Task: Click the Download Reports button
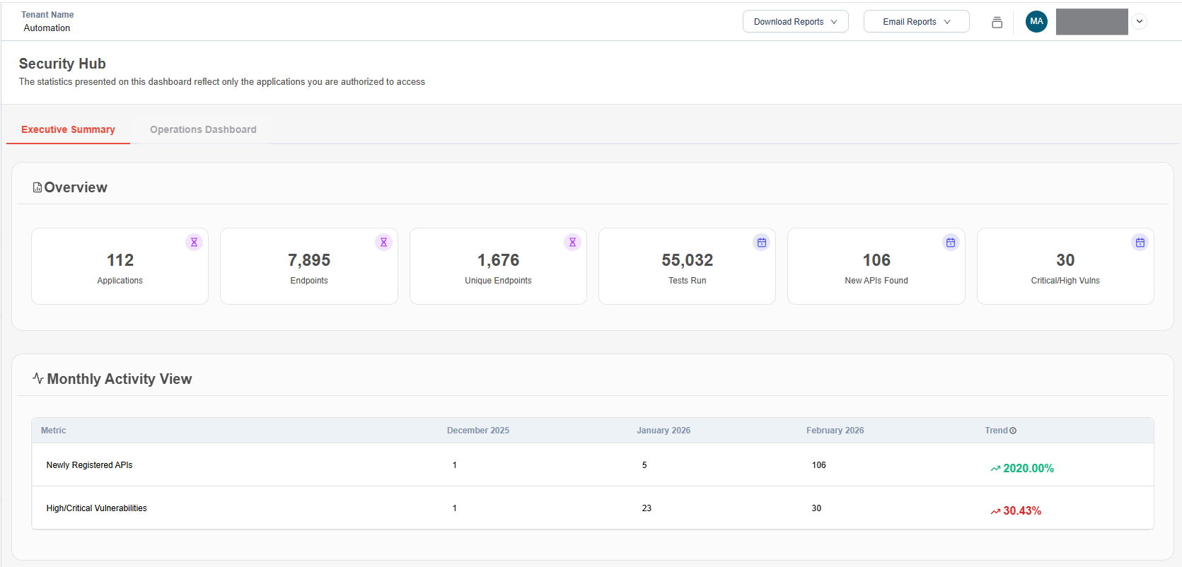[795, 22]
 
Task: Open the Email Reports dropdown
[916, 22]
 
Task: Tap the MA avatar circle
[1036, 21]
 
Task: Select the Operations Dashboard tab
[203, 129]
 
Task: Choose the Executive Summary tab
[68, 129]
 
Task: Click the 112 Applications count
[120, 260]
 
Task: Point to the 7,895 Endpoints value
[309, 260]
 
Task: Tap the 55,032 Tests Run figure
[687, 260]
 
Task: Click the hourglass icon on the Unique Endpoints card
[572, 242]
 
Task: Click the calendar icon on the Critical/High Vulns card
[1140, 242]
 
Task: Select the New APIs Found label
[876, 281]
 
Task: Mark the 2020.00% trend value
[1028, 468]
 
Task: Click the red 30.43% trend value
[1021, 510]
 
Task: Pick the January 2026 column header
[663, 431]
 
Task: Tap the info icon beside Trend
[1013, 431]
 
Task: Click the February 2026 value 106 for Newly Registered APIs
[818, 465]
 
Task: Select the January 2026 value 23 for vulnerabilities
[647, 508]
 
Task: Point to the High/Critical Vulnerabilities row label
[97, 508]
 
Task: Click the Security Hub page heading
[62, 64]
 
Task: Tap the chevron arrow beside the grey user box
[1139, 21]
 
